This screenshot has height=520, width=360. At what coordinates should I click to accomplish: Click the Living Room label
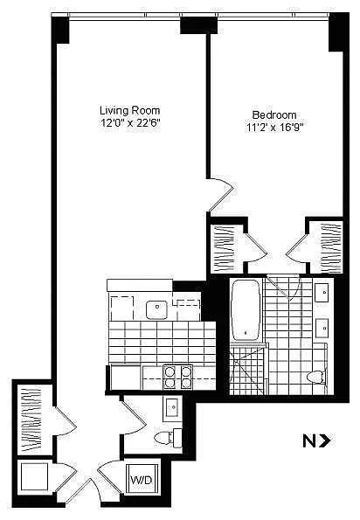click(x=130, y=110)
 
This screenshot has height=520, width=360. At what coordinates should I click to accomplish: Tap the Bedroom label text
click(x=274, y=115)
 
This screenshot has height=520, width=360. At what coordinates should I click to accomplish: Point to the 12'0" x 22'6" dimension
click(x=130, y=123)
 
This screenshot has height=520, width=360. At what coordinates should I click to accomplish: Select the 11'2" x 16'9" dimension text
click(x=275, y=128)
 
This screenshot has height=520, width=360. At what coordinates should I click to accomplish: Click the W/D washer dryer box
click(x=141, y=480)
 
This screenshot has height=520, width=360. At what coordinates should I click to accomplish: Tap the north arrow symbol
click(x=316, y=441)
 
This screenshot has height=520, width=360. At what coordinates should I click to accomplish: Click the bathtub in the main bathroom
click(x=246, y=310)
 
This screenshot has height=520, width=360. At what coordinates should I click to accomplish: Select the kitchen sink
click(x=156, y=310)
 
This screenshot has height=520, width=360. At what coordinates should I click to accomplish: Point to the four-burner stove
click(x=177, y=378)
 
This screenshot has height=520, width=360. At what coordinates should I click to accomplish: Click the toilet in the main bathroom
click(x=315, y=377)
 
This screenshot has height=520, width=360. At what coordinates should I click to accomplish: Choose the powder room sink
click(x=172, y=406)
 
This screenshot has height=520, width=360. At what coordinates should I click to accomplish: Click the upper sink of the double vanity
click(x=322, y=293)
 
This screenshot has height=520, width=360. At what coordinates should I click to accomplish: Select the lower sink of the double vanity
click(x=322, y=329)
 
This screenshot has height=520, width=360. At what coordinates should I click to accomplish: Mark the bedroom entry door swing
click(x=221, y=194)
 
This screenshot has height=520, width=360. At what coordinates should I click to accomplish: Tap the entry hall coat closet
click(x=31, y=419)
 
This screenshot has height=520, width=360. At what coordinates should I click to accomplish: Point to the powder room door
click(x=134, y=417)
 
